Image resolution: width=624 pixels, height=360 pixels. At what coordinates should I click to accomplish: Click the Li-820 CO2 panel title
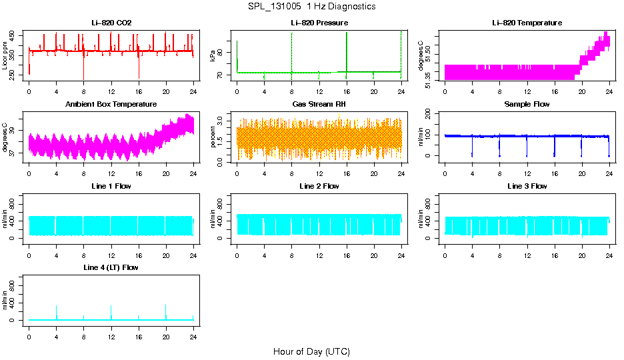pos(111,23)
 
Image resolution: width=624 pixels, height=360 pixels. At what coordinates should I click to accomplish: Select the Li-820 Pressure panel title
pos(319,23)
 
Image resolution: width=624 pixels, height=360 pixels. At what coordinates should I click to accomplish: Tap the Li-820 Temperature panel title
pos(527,23)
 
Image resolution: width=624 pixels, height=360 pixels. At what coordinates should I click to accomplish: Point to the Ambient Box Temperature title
pos(111,105)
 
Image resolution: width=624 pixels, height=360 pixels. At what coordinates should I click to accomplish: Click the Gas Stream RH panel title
pos(319,105)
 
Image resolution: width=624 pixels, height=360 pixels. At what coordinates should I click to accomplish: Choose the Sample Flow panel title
pos(527,105)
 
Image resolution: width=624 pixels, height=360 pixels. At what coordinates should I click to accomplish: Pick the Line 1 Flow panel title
pos(111,186)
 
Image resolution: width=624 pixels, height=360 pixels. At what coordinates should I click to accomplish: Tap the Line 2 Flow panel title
pos(319,186)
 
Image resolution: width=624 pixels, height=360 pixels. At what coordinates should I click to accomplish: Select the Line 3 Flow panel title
pos(527,186)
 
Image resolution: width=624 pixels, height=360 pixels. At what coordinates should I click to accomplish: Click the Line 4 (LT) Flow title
pos(111,267)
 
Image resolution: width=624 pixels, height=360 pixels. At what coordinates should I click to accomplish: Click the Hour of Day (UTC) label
pos(311,351)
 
